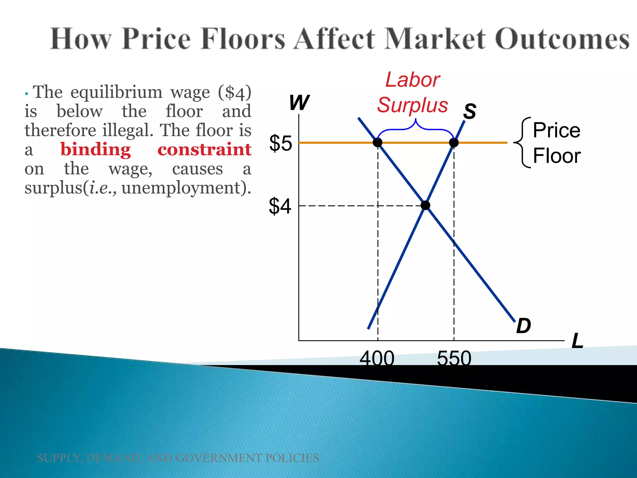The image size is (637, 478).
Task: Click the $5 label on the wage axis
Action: pos(281,143)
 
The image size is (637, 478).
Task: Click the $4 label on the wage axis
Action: pos(280,206)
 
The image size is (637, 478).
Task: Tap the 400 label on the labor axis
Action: pos(377,358)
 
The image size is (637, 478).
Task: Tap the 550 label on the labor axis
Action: pos(454,358)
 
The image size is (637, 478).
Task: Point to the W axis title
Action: pos(299,102)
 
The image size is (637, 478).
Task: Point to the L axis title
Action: pos(577,341)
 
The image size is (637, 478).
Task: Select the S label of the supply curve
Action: pos(470,111)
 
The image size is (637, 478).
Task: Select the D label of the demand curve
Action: pos(523,326)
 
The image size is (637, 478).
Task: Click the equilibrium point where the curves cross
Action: pos(425,205)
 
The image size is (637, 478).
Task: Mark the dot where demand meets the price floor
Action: pos(378,143)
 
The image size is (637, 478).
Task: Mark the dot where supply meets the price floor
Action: pos(454,143)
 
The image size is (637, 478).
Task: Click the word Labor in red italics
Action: pos(412,80)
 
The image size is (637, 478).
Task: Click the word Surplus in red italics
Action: pos(412,105)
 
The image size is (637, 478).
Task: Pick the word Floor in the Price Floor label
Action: pos(557,156)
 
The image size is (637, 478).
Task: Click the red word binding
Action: pos(95,150)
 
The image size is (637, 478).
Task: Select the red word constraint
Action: pos(204,150)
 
